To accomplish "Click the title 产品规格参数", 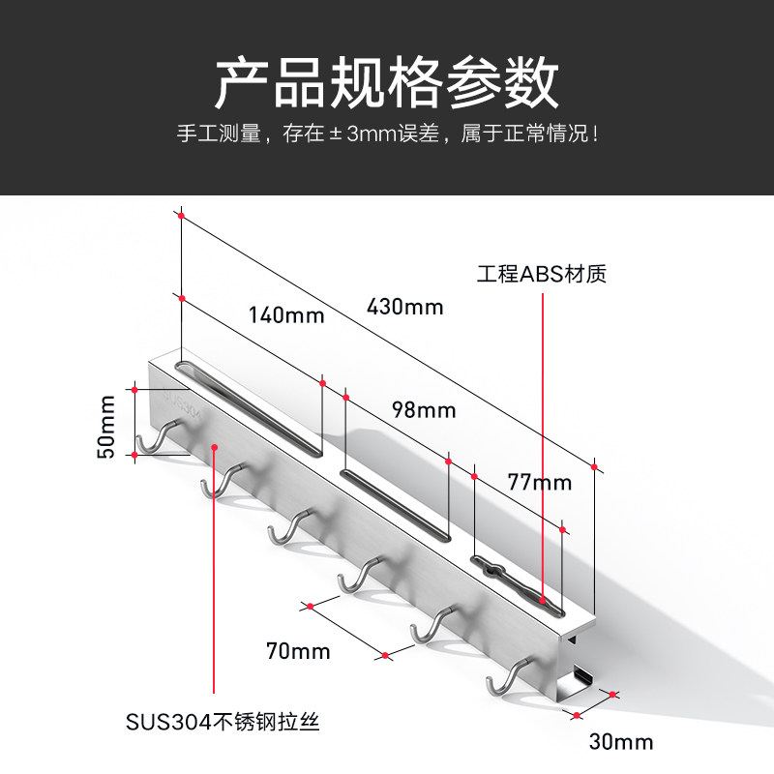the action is click(386, 82).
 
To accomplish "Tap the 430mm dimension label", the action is click(404, 307).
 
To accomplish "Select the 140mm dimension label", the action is click(286, 315).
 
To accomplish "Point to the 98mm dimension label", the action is click(424, 409).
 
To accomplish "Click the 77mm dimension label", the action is click(540, 482).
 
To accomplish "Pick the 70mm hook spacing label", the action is click(298, 651).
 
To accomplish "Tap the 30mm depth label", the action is click(621, 741).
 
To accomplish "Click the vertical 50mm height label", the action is click(105, 427).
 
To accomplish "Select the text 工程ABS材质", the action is click(542, 274).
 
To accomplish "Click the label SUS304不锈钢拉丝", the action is click(223, 722).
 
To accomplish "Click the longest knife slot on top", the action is click(249, 407).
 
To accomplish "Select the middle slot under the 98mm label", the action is click(396, 505).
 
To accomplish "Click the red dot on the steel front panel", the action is click(214, 447).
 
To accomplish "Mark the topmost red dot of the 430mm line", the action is click(181, 216).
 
